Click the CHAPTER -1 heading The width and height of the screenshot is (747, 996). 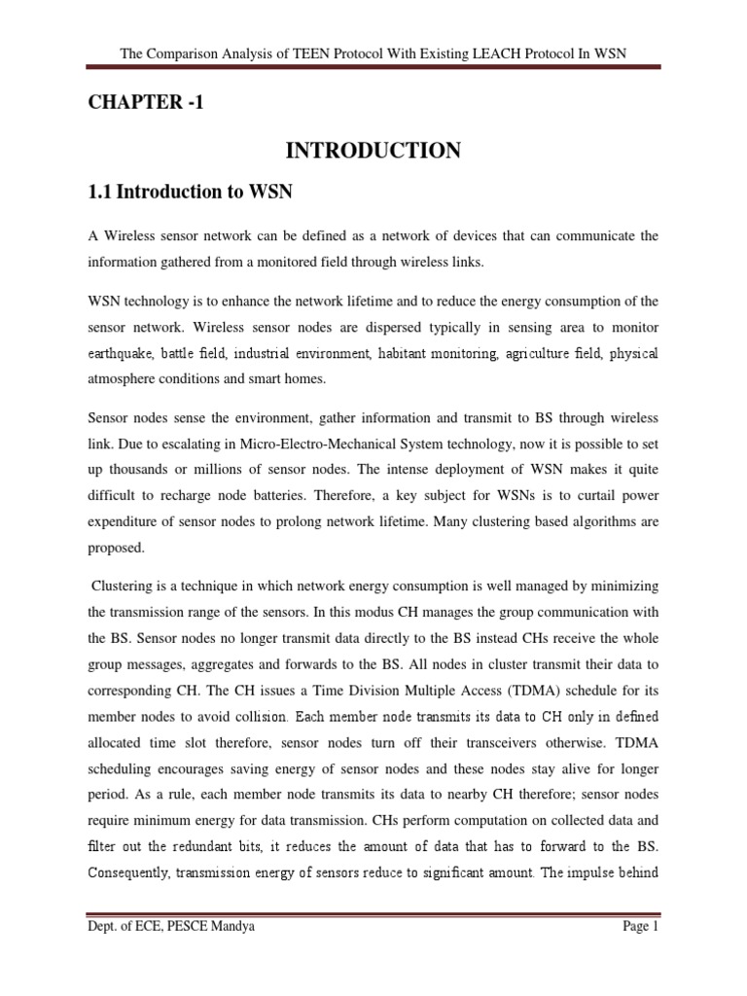click(x=146, y=103)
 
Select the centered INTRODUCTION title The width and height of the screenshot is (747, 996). click(x=373, y=150)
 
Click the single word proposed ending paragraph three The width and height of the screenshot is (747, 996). click(x=116, y=548)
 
